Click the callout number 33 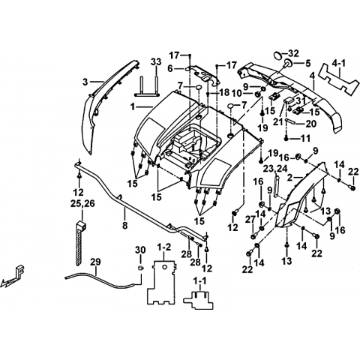[x=156, y=62]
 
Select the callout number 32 [x=293, y=53]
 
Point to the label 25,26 [x=82, y=203]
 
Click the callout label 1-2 [x=164, y=247]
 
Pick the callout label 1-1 [x=199, y=281]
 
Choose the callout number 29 [x=95, y=262]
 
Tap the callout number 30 [x=140, y=250]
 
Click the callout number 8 [x=124, y=226]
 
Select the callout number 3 [x=85, y=82]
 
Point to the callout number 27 [x=250, y=220]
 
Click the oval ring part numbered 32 [x=277, y=55]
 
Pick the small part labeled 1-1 [x=199, y=300]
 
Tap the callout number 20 [x=310, y=124]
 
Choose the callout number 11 [x=305, y=138]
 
